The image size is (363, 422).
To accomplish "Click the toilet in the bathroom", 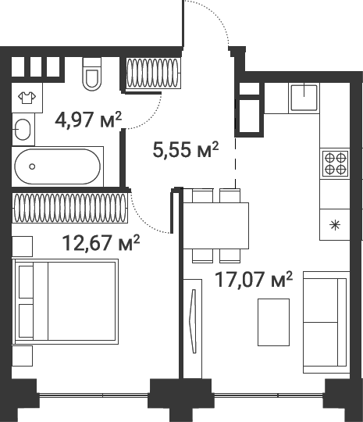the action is pyautogui.click(x=92, y=74).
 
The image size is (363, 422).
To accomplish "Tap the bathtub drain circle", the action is pyautogui.click(x=32, y=166).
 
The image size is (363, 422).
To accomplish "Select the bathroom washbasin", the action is pyautogui.click(x=23, y=130).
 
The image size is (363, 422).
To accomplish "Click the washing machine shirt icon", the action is pyautogui.click(x=27, y=98).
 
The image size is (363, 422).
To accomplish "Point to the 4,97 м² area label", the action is pyautogui.click(x=88, y=120).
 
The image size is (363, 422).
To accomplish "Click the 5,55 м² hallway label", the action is pyautogui.click(x=186, y=149).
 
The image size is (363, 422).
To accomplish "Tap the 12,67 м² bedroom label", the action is pyautogui.click(x=101, y=243).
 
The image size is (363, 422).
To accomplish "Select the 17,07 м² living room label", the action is pyautogui.click(x=254, y=279).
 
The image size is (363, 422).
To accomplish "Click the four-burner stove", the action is pyautogui.click(x=335, y=163).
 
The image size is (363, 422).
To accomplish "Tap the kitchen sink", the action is pyautogui.click(x=304, y=98).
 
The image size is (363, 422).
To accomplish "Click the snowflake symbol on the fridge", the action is pyautogui.click(x=335, y=225).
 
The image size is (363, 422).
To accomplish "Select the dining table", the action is pyautogui.click(x=216, y=226).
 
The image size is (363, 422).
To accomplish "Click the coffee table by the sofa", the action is pyautogui.click(x=273, y=322).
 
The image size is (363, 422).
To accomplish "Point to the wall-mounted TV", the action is pyautogui.click(x=193, y=321).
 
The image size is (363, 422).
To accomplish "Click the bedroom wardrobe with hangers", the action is pyautogui.click(x=70, y=208).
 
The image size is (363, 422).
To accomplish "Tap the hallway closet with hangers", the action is pyautogui.click(x=153, y=73).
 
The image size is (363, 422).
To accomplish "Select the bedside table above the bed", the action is pyautogui.click(x=23, y=246).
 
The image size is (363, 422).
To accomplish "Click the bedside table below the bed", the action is pyautogui.click(x=23, y=356).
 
